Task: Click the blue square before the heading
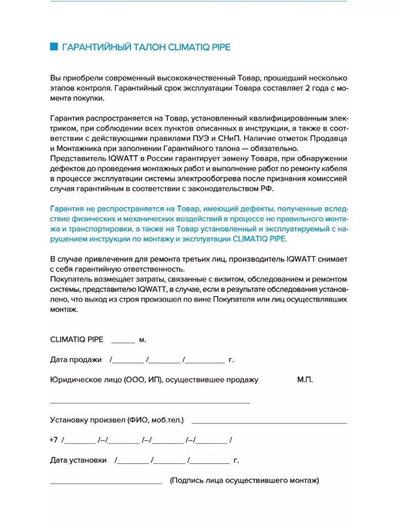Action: (x=54, y=47)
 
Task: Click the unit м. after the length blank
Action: (x=143, y=340)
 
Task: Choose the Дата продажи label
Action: (x=76, y=360)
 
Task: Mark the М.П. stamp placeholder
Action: (x=304, y=380)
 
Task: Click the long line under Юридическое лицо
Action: (x=150, y=403)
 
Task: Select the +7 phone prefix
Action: (x=54, y=440)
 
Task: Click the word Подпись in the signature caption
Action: (x=187, y=481)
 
